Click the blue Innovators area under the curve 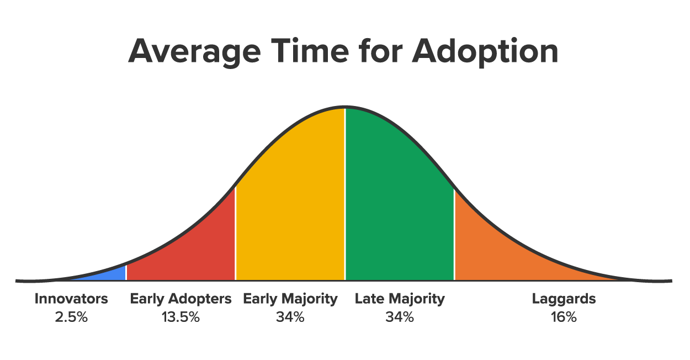click(113, 274)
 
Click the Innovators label click(71, 299)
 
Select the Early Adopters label click(181, 299)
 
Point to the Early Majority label click(290, 299)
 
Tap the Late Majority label click(399, 299)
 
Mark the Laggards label click(564, 299)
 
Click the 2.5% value click(71, 317)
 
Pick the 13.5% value click(181, 317)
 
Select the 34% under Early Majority click(290, 317)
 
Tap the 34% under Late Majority click(399, 317)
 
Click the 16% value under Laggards click(564, 317)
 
